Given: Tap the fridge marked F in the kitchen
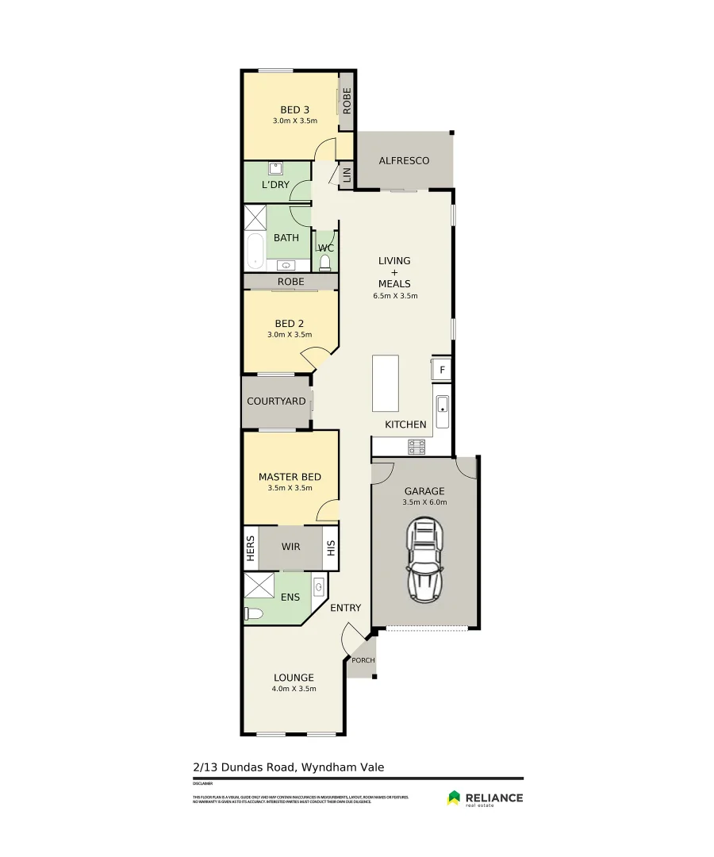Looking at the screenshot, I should [442, 369].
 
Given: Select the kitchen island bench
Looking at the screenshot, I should [386, 382].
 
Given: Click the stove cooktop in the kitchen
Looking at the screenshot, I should [416, 447].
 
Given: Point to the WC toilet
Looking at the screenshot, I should [324, 262].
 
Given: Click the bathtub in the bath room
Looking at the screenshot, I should [255, 252].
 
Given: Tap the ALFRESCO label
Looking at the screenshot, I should [404, 161].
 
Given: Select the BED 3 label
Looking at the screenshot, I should [294, 110].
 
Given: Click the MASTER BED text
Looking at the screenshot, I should [290, 477].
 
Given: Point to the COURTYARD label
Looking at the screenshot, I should [276, 402].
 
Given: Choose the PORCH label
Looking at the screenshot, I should [363, 660].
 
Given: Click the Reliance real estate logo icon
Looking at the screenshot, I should [454, 797].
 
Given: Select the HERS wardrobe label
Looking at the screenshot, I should [251, 548].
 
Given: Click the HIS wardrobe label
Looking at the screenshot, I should [331, 548].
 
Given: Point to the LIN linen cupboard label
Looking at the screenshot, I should [346, 175].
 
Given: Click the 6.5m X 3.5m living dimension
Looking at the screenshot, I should [395, 296].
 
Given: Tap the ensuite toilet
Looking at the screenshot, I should [253, 613].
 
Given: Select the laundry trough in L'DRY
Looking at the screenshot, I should [276, 168].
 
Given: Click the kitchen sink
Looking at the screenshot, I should [442, 410].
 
